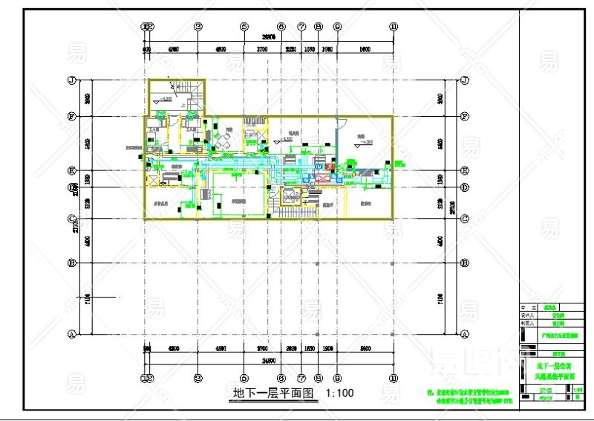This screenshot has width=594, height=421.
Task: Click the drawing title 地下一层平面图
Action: click(x=274, y=393)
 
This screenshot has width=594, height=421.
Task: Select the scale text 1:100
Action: click(x=339, y=393)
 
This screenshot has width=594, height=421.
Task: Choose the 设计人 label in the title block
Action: click(x=528, y=315)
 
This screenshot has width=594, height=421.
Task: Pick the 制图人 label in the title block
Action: click(x=528, y=323)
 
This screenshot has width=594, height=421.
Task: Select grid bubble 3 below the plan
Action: click(x=198, y=376)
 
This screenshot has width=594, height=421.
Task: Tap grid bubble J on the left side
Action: click(x=72, y=80)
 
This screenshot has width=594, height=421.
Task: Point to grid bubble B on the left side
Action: click(x=72, y=263)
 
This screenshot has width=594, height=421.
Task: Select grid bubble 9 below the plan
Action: click(x=337, y=376)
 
